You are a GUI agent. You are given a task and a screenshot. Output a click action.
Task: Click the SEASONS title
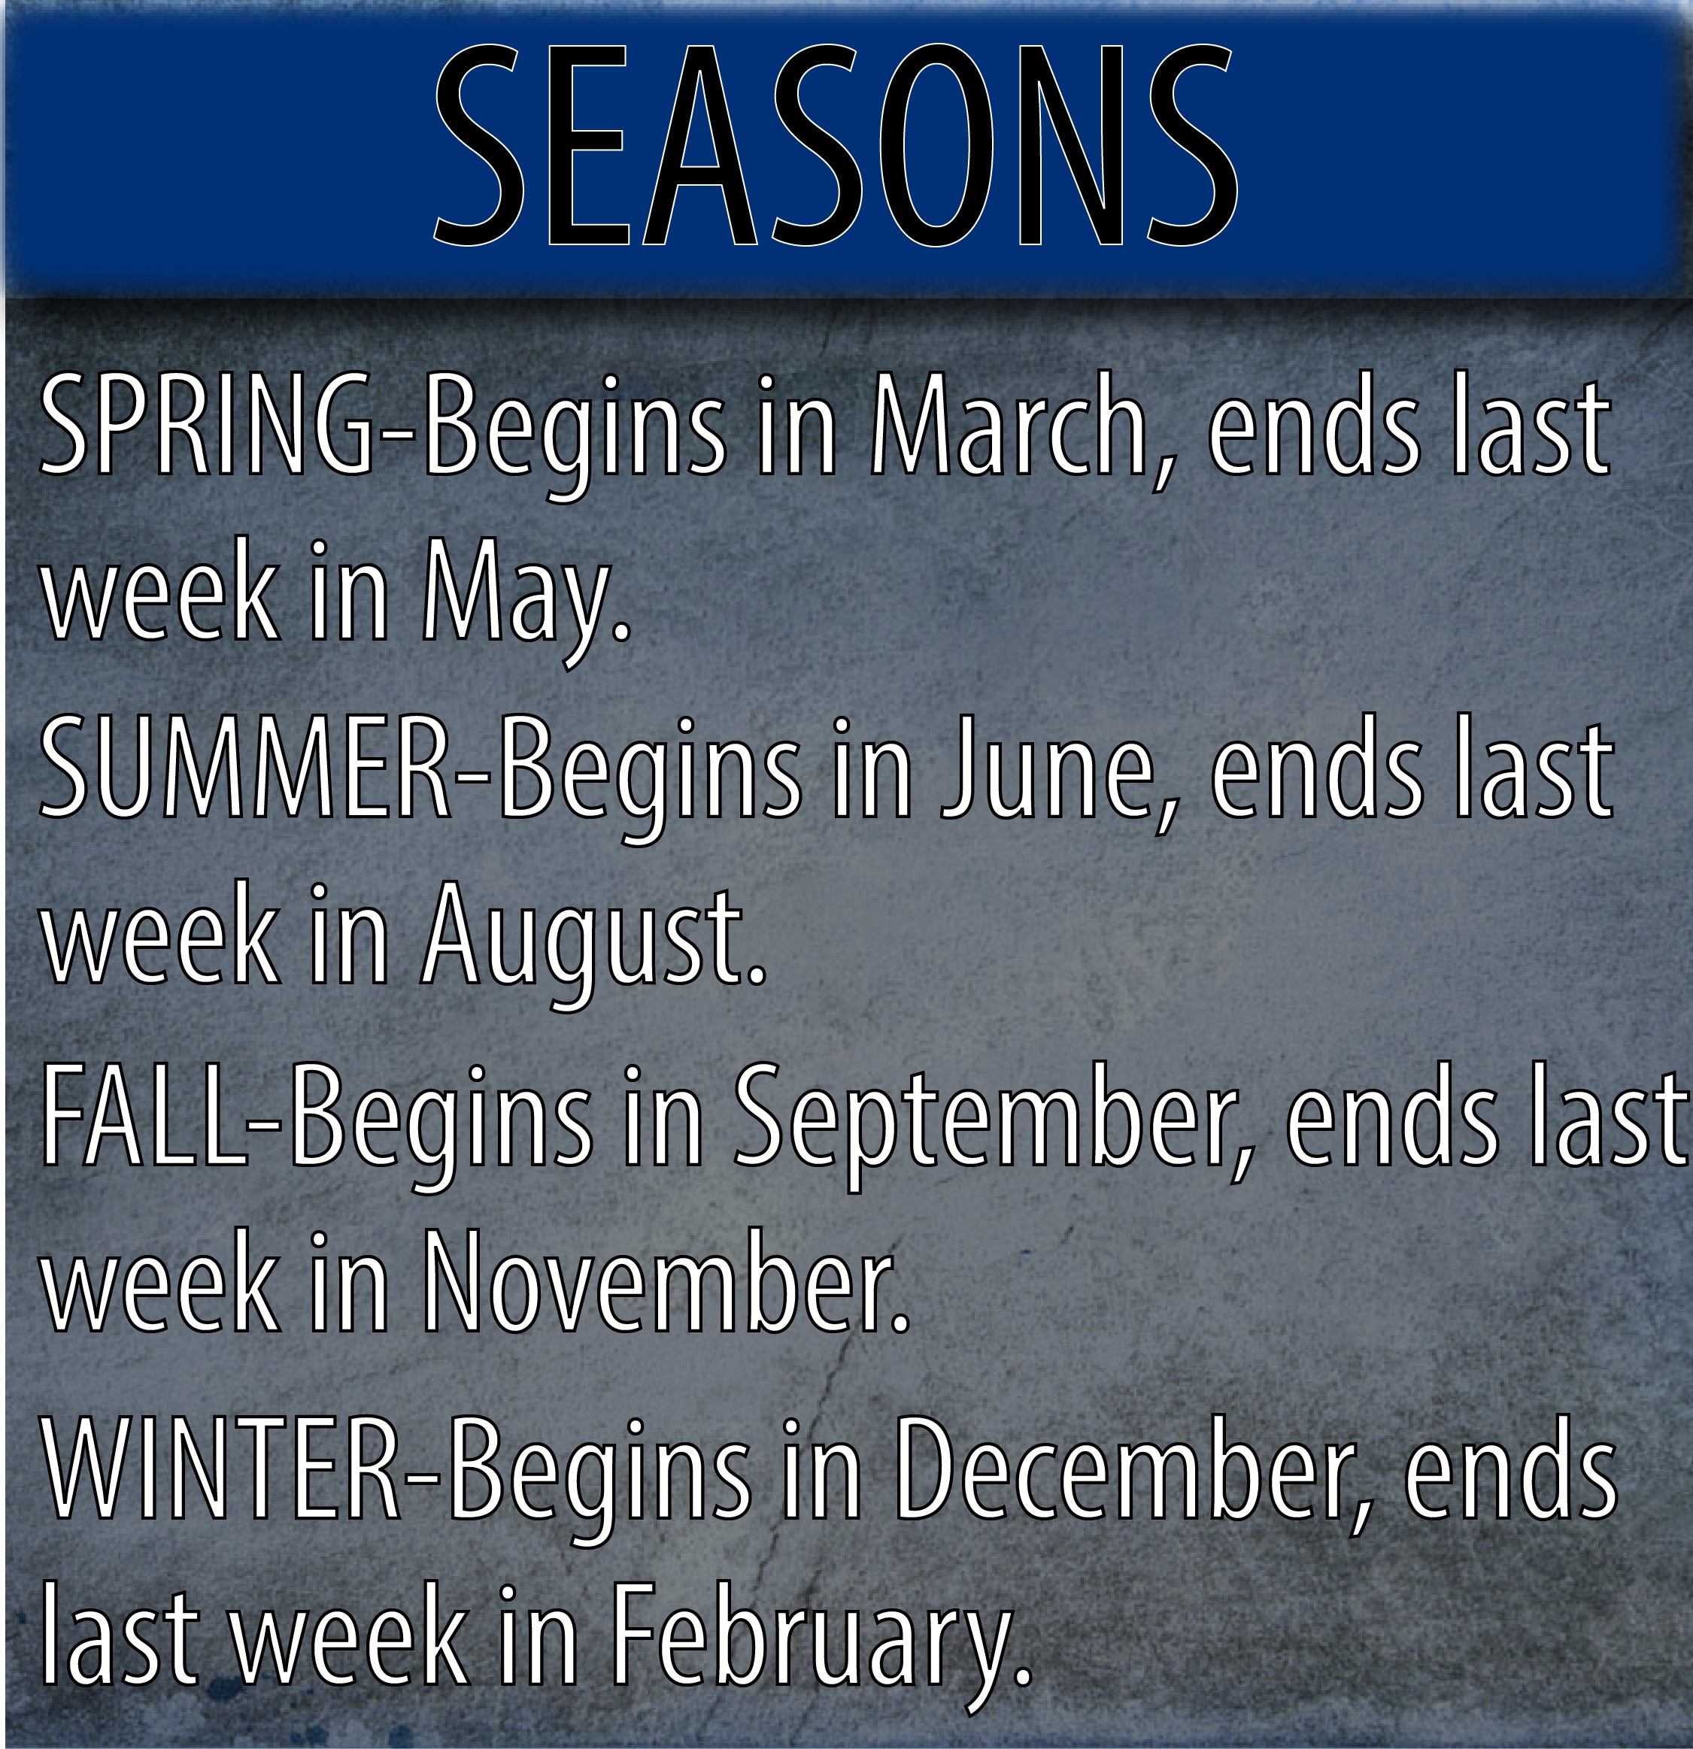coord(836,144)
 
